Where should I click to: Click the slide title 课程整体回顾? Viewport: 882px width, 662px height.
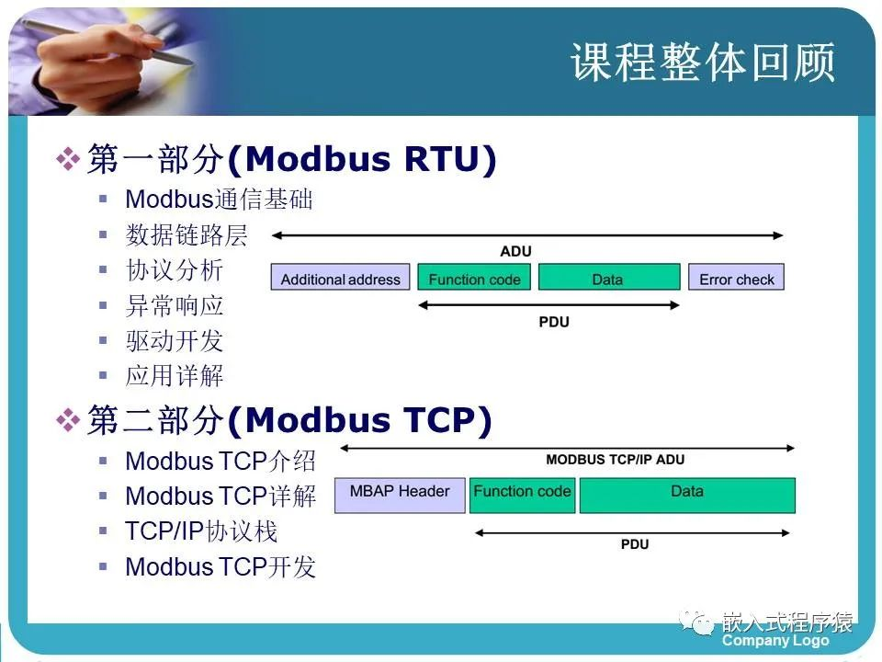point(703,62)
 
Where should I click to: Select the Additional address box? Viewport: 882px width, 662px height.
point(340,277)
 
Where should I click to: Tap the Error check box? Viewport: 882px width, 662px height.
point(736,277)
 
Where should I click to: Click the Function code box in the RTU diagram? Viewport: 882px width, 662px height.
point(474,277)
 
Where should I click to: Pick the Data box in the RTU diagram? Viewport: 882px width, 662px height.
point(609,277)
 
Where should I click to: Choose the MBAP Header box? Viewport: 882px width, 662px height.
point(400,496)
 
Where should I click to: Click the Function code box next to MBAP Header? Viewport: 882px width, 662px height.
point(522,496)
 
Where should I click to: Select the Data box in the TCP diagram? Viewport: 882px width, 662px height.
point(687,496)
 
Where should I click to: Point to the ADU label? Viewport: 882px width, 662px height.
point(515,251)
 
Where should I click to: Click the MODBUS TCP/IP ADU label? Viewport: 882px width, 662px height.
point(616,460)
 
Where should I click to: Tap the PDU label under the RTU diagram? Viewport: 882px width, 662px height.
point(554,322)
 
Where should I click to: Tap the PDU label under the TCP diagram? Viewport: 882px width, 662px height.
point(635,544)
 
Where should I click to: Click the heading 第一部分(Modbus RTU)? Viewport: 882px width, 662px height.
point(292,159)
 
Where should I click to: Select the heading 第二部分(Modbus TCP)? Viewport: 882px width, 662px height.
point(289,420)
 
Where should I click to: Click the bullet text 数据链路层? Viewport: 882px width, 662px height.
point(187,234)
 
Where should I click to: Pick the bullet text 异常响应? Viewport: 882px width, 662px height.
point(175,305)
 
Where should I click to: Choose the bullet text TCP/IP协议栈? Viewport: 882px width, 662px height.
point(201,531)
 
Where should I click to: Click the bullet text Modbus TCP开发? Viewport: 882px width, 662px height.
point(220,566)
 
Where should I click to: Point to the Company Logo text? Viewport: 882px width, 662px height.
point(775,641)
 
